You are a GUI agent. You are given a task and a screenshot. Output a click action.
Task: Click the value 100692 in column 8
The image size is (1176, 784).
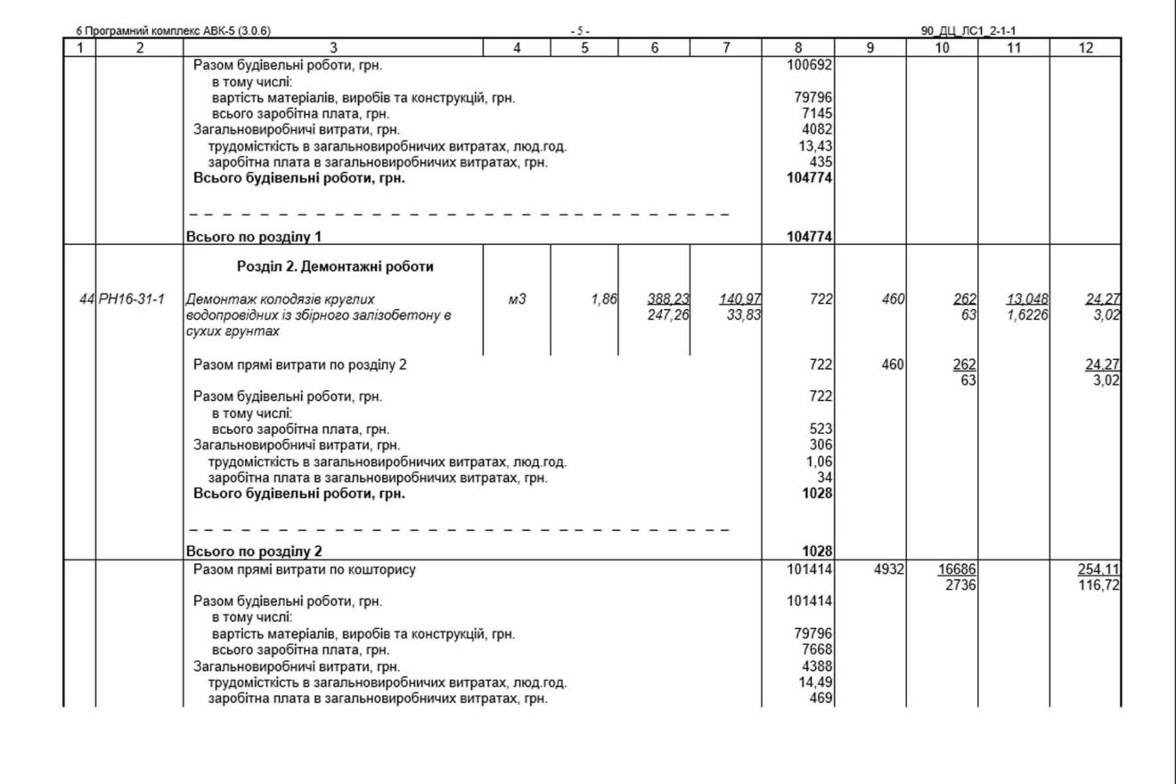coord(810,65)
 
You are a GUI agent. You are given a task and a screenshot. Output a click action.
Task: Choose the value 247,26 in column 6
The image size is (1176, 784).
coord(668,314)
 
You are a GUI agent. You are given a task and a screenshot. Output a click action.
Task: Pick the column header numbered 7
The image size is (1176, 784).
coord(726,48)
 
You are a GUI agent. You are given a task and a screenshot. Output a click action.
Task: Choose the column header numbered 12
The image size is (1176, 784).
coord(1085,48)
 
